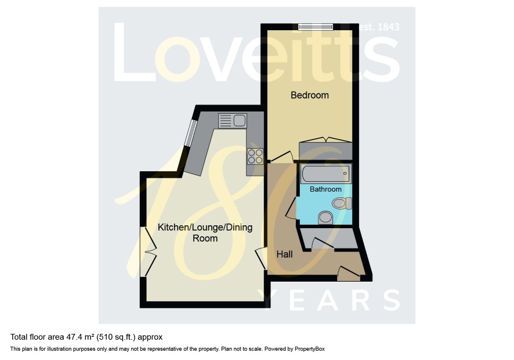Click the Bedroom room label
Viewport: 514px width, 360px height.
pyautogui.click(x=309, y=95)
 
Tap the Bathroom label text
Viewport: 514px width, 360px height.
pyautogui.click(x=325, y=189)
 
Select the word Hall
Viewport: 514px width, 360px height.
pyautogui.click(x=284, y=254)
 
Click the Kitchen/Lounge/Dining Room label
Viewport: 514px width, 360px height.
pyautogui.click(x=205, y=233)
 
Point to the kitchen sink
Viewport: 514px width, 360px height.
pyautogui.click(x=233, y=120)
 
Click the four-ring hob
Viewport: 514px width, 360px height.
pyautogui.click(x=255, y=156)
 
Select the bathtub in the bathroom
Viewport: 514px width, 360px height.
pyautogui.click(x=326, y=173)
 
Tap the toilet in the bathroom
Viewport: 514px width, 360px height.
pyautogui.click(x=342, y=203)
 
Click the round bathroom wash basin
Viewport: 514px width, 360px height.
pyautogui.click(x=325, y=217)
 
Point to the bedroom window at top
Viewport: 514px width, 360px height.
pyautogui.click(x=316, y=27)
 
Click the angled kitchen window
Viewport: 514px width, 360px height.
pyautogui.click(x=190, y=133)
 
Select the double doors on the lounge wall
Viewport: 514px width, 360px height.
pyautogui.click(x=148, y=251)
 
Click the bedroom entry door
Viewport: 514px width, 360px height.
pyautogui.click(x=281, y=157)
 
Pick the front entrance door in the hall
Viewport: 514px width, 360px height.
pyautogui.click(x=349, y=273)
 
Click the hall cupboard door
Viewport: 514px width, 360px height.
pyautogui.click(x=323, y=244)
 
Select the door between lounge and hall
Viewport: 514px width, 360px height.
pyautogui.click(x=261, y=258)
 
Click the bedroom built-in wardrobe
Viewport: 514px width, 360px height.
pyautogui.click(x=325, y=149)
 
